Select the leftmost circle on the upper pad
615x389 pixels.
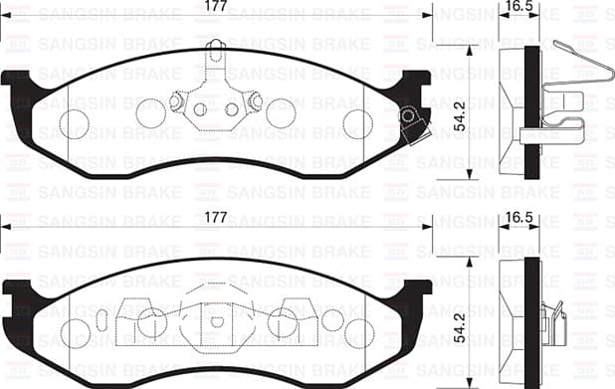(75, 123)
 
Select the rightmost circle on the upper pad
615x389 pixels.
(357, 123)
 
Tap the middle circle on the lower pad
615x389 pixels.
(216, 321)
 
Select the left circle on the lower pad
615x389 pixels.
(151, 321)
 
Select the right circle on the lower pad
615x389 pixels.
(283, 321)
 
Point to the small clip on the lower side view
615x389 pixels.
(553, 320)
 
